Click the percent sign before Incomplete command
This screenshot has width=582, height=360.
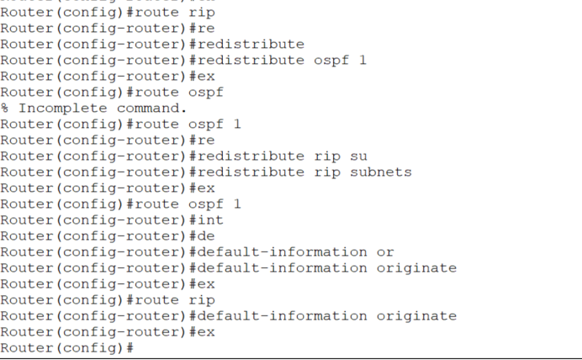pyautogui.click(x=5, y=109)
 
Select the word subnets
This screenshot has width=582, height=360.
pyautogui.click(x=379, y=172)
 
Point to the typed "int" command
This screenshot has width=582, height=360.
pyautogui.click(x=210, y=220)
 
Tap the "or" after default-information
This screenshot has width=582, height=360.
pyautogui.click(x=385, y=252)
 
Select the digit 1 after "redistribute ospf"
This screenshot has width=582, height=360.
pyautogui.click(x=362, y=61)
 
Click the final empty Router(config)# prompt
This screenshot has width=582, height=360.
pyautogui.click(x=67, y=348)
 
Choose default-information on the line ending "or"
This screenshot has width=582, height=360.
pyautogui.click(x=283, y=252)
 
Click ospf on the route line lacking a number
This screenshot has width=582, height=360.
pyautogui.click(x=206, y=93)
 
